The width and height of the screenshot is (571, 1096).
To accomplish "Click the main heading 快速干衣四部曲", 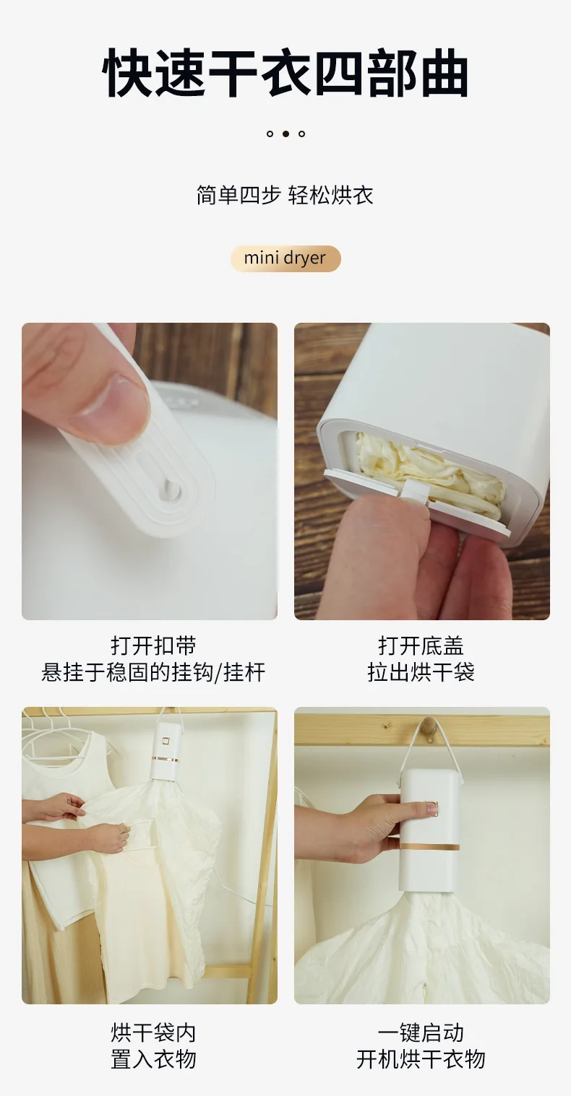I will point(285,74).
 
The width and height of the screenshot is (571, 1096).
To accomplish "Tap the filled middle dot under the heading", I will point(285,134).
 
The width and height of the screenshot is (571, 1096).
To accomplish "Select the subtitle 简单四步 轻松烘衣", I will point(285,195).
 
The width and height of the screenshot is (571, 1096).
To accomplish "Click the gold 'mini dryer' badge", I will point(285,258).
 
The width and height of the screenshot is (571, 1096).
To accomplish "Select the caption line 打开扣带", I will point(153,645).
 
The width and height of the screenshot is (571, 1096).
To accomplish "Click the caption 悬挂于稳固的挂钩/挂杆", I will point(153,672).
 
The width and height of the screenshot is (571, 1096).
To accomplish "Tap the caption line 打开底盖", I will point(421,645).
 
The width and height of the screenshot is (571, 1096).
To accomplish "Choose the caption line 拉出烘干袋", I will point(421,672).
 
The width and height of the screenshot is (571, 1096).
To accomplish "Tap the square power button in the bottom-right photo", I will point(434,809).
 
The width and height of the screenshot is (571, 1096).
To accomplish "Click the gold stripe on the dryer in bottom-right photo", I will point(430,847).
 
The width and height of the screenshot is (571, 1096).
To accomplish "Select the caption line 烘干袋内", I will point(153,1032).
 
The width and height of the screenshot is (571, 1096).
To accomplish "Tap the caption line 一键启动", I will point(421,1032).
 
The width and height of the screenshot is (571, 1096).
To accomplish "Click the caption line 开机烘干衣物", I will point(421,1059).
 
